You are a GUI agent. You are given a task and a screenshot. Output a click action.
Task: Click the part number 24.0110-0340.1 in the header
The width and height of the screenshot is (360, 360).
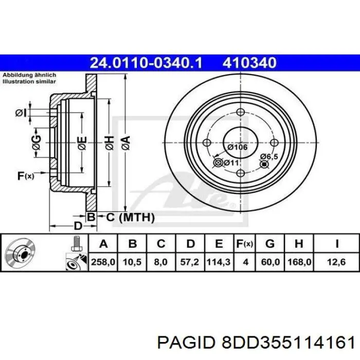pos(146,63)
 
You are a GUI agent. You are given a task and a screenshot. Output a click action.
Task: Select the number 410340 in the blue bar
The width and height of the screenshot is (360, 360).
pos(250,63)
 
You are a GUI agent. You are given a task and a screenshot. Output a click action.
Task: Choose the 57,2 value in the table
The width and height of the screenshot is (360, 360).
pos(190,262)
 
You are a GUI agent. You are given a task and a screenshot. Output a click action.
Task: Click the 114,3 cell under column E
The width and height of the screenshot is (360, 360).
pos(219,262)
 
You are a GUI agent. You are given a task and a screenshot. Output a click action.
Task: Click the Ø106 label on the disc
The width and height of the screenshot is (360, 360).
pos(237,148)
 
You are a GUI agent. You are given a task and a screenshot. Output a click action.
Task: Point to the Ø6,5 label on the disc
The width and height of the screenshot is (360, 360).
pos(269,156)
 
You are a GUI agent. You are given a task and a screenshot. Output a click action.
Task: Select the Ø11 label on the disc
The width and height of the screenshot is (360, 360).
pos(231,163)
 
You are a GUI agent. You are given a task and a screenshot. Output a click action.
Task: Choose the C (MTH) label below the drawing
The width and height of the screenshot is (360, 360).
pos(130,218)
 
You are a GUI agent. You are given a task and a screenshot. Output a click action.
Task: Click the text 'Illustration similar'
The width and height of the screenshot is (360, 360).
pos(29,81)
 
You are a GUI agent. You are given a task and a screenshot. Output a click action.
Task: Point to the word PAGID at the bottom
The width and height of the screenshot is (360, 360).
pos(189,341)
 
